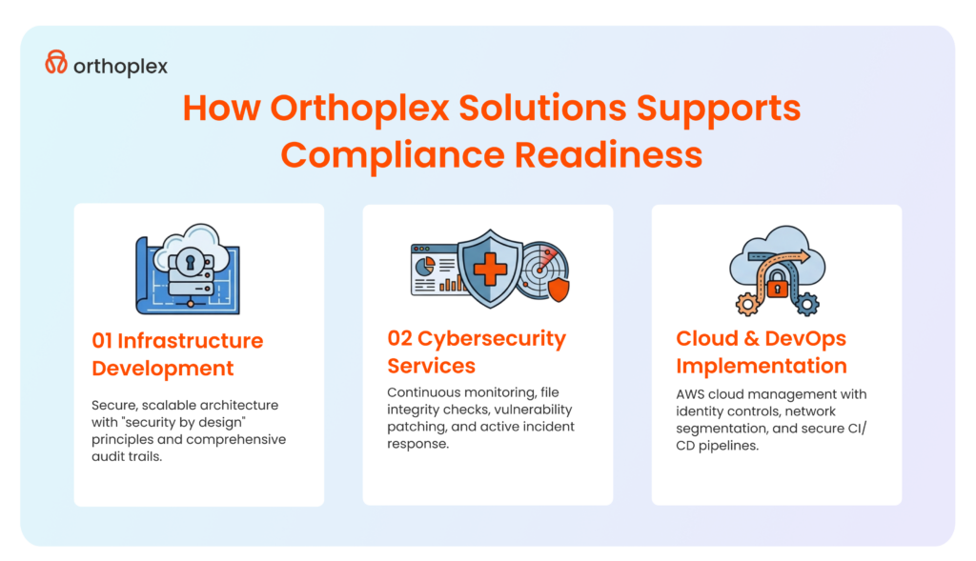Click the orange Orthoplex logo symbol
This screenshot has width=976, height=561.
56,63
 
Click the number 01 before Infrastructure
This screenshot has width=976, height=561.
103,340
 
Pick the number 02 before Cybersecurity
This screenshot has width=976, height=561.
399,338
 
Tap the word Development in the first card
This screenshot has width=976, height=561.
163,368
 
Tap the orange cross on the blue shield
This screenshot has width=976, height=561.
490,270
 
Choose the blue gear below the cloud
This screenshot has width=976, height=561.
807,305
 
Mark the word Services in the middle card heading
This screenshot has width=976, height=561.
431,365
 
